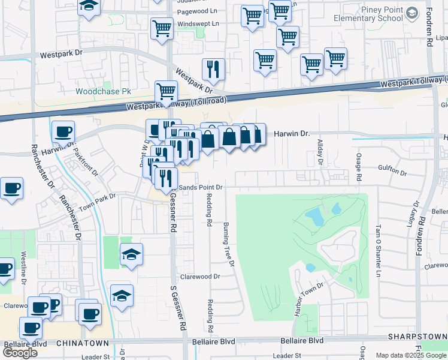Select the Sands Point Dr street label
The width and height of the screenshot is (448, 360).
(201, 187)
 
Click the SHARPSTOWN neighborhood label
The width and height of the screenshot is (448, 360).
(417, 337)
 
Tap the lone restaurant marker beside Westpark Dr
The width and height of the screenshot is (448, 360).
(213, 70)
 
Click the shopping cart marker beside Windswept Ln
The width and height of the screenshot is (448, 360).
(162, 29)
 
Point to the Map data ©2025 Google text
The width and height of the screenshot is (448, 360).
(410, 355)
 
